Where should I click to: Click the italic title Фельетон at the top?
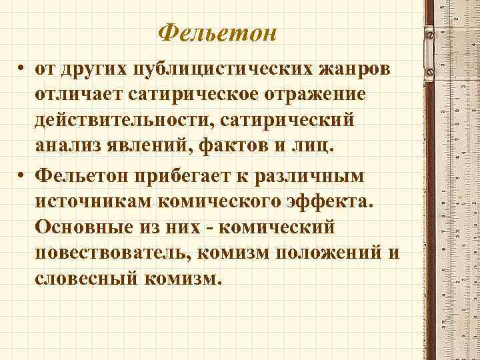(x=219, y=31)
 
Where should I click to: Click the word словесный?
(x=86, y=279)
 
